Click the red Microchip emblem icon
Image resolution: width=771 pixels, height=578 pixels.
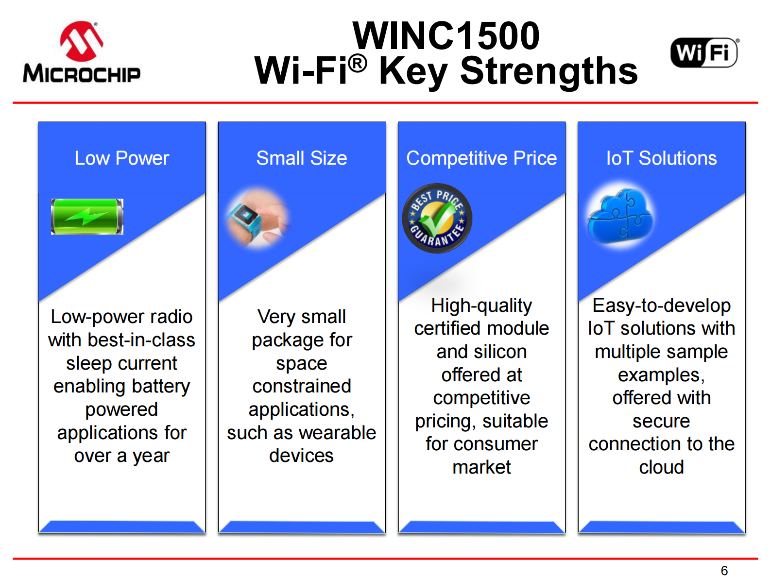[x=82, y=41]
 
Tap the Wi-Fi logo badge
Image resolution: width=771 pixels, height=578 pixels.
[x=703, y=52]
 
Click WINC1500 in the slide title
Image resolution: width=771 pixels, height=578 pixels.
[x=445, y=35]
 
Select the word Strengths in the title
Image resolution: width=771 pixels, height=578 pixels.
[x=548, y=71]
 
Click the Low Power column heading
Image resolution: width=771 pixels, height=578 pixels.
[x=122, y=158]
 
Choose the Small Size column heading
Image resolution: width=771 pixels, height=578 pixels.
[x=301, y=158]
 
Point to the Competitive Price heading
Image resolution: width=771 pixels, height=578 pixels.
[x=481, y=158]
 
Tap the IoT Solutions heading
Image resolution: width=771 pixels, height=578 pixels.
[x=661, y=158]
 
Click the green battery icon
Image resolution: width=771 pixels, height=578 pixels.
[x=87, y=217]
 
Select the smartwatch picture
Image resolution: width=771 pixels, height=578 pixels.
[x=258, y=219]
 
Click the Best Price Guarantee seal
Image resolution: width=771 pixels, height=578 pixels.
[x=437, y=218]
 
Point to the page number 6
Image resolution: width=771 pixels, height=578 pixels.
[x=724, y=570]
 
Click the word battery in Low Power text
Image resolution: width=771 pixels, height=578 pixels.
[x=161, y=386]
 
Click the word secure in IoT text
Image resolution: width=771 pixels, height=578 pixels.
[x=661, y=421]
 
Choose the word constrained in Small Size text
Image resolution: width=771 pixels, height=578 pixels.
[x=302, y=386]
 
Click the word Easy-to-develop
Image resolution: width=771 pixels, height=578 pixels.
[x=661, y=306]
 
